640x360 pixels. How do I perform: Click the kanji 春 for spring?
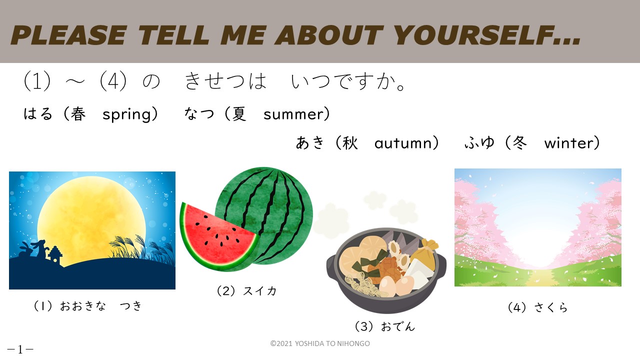(x=78, y=114)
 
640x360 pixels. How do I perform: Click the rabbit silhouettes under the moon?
(x=33, y=249)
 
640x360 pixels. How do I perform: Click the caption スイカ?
(x=259, y=291)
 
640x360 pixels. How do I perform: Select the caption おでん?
(x=397, y=326)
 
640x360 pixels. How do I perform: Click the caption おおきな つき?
(x=100, y=306)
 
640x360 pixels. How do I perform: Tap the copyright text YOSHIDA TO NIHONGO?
(x=332, y=343)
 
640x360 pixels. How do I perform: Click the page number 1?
(x=20, y=349)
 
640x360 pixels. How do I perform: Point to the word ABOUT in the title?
(x=329, y=35)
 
